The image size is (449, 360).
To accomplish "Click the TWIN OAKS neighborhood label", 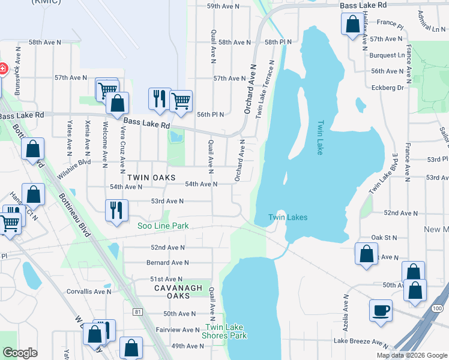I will click(x=151, y=178).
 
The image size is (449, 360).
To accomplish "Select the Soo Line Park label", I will click(x=163, y=226).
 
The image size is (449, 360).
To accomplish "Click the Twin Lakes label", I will click(x=288, y=217).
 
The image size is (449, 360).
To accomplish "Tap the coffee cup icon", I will click(x=381, y=311).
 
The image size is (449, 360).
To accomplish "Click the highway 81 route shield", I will click(x=138, y=312).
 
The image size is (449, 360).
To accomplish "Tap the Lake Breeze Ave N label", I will click(x=361, y=341).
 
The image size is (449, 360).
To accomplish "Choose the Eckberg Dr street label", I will click(x=387, y=87).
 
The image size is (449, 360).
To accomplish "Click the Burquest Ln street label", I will click(x=387, y=55).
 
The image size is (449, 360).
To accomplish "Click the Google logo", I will click(x=20, y=353).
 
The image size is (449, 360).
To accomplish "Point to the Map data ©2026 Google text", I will click(x=411, y=355).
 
